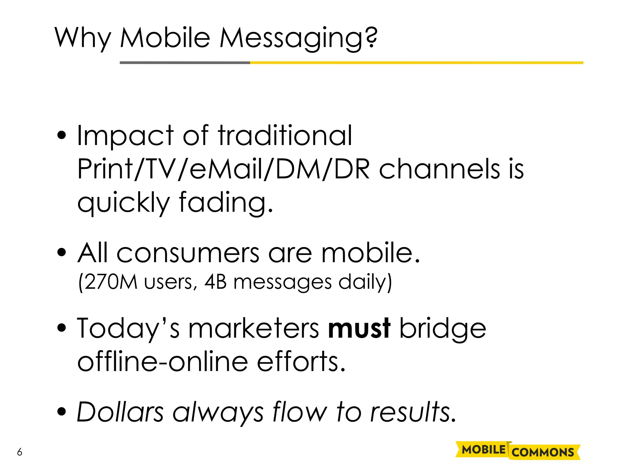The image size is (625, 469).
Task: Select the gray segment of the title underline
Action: click(185, 63)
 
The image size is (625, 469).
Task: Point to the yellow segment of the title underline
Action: click(417, 63)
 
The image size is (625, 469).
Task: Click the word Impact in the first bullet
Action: click(125, 136)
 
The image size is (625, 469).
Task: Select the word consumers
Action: click(188, 253)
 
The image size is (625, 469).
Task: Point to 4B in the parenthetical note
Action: click(215, 282)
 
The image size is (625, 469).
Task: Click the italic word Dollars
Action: click(120, 412)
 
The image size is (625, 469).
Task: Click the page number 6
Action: click(20, 452)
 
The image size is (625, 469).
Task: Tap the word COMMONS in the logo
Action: click(543, 452)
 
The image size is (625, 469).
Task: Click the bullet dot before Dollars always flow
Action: click(62, 412)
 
